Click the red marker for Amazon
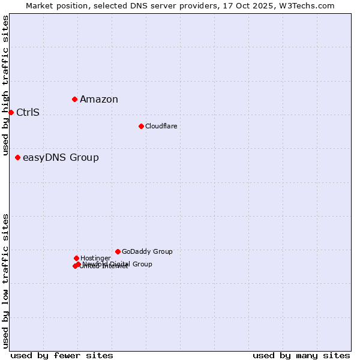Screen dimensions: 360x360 point(74,99)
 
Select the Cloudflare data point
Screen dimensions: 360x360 point(141,126)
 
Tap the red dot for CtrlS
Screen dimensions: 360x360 point(11,112)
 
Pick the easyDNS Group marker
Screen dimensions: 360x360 point(17,157)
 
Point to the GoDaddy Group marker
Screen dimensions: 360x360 point(118,251)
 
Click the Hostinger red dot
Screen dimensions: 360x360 point(76,258)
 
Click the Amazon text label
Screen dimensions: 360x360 point(99,100)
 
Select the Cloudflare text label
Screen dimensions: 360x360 point(161,126)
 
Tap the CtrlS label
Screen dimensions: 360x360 point(28,113)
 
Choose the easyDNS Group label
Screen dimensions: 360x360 point(61,158)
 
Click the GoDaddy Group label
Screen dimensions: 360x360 point(147,251)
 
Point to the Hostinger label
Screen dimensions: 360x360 point(95,258)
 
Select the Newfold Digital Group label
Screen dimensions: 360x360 point(118,264)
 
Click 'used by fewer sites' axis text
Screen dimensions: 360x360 point(62,355)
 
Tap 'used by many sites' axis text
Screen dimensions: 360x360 point(301,355)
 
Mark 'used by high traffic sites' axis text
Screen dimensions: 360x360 point(5,85)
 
